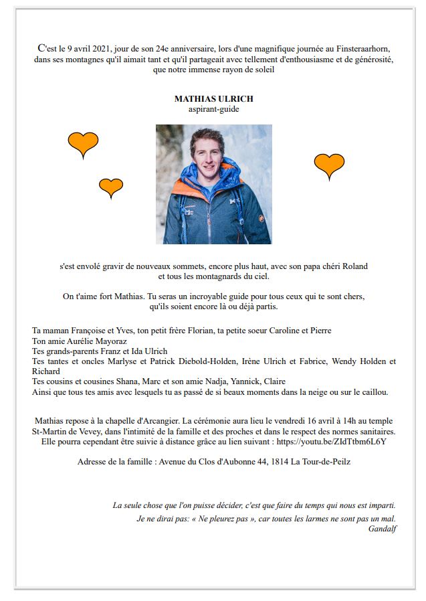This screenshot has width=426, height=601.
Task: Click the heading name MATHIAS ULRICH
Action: [213, 98]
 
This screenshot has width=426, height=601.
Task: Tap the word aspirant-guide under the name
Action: [213, 108]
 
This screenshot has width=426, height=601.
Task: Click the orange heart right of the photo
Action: [329, 165]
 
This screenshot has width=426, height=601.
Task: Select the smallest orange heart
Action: [111, 187]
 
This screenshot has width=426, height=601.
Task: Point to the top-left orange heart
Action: [83, 143]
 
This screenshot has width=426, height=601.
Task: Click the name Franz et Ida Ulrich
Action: [131, 351]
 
